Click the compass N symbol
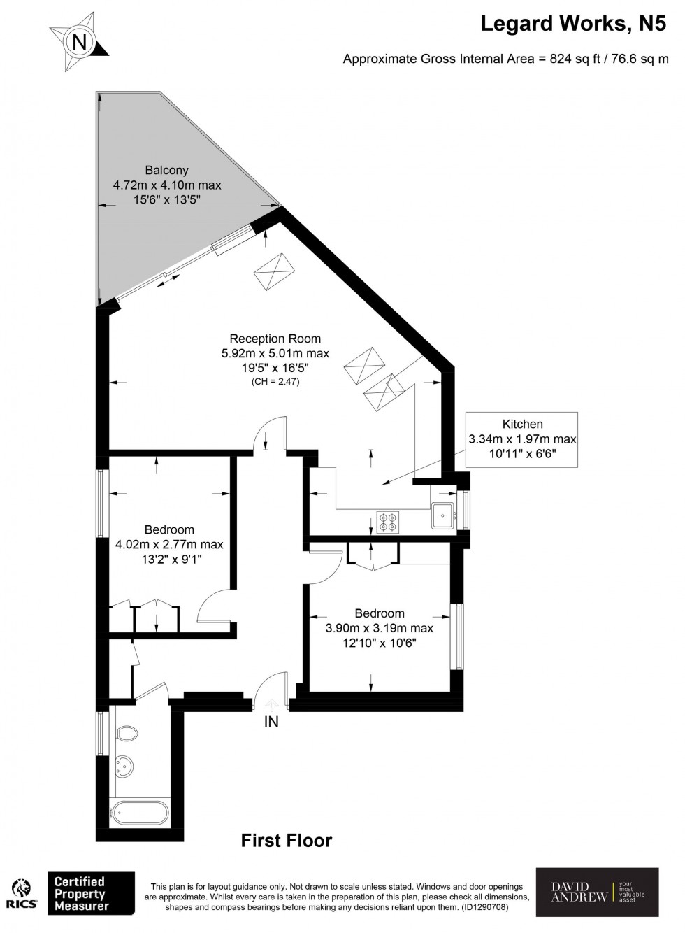(80, 43)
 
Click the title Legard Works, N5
(574, 24)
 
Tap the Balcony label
(166, 170)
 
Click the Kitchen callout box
(522, 439)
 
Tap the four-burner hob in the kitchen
(387, 521)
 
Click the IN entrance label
(271, 722)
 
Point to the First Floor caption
(287, 840)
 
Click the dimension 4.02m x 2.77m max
(169, 544)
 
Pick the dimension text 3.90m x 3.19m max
(379, 628)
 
